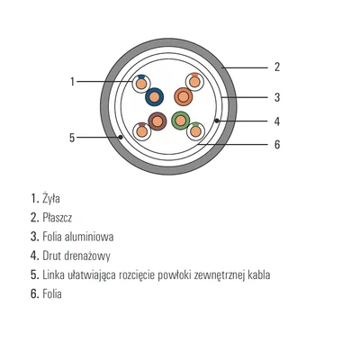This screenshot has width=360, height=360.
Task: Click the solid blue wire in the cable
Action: point(154,96)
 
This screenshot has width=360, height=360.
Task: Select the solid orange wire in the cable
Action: point(184,96)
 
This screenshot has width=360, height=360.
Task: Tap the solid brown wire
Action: point(157,121)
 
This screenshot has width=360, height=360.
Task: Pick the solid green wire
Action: point(180,121)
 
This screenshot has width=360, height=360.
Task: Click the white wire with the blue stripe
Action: point(140,84)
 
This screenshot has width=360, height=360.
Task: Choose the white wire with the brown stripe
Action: point(141,131)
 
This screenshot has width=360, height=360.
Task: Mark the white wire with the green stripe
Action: point(195,131)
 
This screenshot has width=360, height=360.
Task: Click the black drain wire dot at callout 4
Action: point(217,121)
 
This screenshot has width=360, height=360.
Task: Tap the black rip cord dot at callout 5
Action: point(121,138)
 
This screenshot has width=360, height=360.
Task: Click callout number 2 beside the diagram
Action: point(277,67)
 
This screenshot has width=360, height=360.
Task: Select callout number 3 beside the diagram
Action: point(277,97)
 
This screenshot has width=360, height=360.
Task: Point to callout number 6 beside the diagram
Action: point(277,145)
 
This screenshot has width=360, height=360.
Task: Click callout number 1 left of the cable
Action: point(72,81)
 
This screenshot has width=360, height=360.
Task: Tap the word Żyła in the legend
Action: point(51,198)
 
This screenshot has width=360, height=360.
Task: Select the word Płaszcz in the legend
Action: point(58,218)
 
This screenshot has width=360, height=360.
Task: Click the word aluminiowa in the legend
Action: point(94,237)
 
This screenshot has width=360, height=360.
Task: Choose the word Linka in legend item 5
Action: point(53,274)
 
